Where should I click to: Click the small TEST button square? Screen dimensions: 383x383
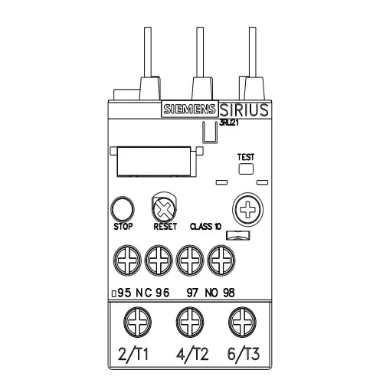pyautogui.click(x=245, y=169)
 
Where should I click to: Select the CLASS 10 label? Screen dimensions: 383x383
pyautogui.click(x=206, y=227)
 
